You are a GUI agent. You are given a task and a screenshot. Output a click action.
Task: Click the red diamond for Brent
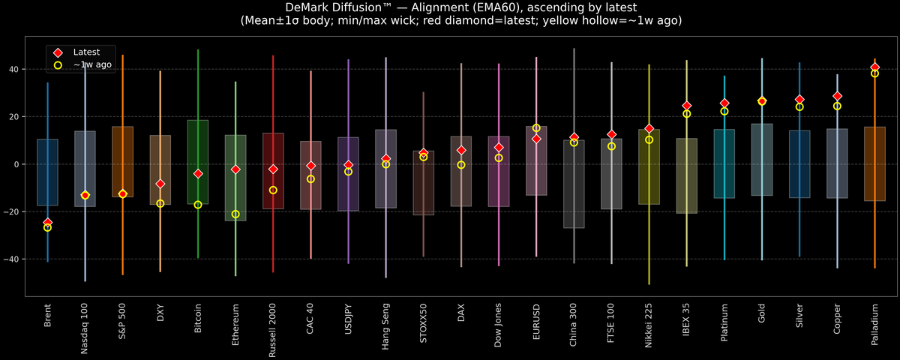(47, 222)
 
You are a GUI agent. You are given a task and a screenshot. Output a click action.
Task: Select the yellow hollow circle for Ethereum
(235, 214)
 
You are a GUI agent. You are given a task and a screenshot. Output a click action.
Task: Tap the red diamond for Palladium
(874, 67)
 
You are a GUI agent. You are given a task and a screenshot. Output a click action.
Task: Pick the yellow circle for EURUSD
(536, 128)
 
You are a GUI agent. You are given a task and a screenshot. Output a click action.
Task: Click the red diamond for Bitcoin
(198, 173)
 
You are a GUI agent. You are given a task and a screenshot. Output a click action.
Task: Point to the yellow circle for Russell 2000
(273, 190)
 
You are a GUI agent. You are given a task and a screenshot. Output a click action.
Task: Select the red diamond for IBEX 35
(686, 106)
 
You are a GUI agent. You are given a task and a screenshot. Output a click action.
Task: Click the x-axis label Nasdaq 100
(85, 328)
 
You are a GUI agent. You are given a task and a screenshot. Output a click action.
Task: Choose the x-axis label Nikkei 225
(649, 327)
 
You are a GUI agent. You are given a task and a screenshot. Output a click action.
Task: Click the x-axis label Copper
(837, 319)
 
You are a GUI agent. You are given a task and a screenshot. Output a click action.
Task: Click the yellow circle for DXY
(160, 204)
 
